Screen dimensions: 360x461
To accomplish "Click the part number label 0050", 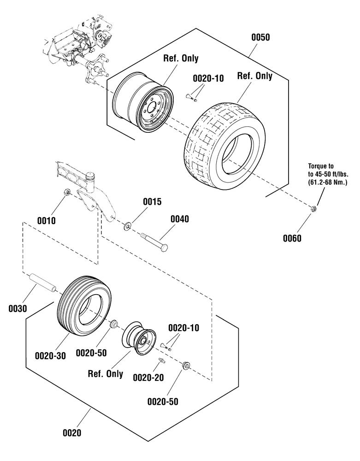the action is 260,37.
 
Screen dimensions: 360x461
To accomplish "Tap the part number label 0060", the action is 292,238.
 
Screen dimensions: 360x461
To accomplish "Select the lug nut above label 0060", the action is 313,209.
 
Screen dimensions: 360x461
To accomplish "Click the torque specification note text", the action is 328,174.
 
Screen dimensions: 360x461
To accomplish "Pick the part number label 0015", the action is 152,202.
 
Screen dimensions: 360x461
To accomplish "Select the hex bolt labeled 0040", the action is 154,242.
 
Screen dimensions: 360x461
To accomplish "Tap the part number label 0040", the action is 180,219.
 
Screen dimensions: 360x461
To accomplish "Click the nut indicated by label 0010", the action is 67,192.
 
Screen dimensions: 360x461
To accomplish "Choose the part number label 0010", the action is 46,220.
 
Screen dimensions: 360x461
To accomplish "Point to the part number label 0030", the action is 18,308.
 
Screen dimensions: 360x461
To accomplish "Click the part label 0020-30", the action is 50,356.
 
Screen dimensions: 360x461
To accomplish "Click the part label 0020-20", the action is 148,378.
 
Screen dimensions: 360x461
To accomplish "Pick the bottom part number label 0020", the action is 72,433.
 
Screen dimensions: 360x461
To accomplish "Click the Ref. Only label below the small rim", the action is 106,374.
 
